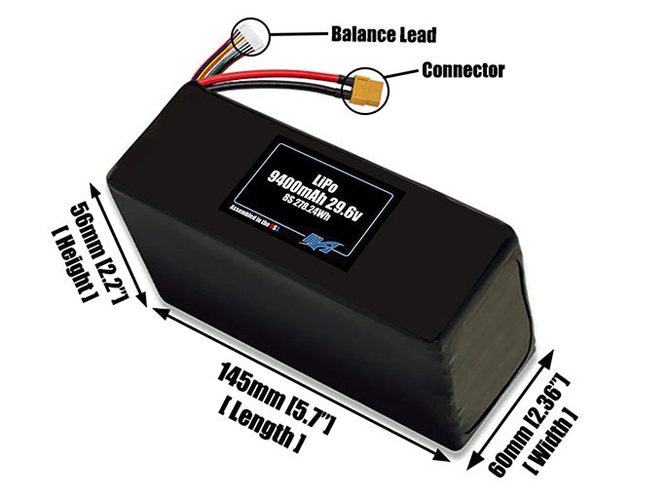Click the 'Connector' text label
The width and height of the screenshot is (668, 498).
(x=463, y=70)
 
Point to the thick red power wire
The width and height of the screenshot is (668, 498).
(x=282, y=77)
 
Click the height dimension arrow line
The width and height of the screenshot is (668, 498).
(x=124, y=243)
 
